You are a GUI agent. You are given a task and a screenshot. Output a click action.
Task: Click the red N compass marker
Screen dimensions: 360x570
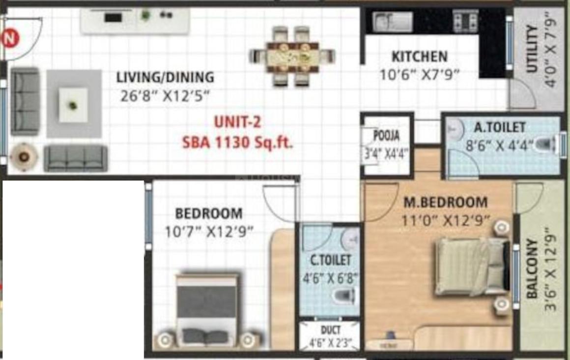pos(9,38)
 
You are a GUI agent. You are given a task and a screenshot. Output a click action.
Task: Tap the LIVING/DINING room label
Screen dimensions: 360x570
pos(165,77)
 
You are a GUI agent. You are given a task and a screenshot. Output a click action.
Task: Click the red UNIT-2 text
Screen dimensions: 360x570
pos(237,122)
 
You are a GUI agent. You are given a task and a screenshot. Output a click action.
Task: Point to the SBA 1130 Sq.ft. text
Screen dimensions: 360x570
pos(237,143)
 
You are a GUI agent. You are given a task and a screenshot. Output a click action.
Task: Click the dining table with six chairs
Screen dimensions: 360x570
pos(293,56)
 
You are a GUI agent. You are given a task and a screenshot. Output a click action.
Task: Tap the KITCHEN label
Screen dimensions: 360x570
pos(419,57)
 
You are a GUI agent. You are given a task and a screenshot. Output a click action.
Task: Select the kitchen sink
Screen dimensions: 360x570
pos(392,22)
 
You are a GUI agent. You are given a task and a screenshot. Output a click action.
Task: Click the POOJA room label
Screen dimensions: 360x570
pos(386,135)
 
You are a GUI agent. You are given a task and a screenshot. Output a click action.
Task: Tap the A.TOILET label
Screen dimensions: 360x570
pos(500,127)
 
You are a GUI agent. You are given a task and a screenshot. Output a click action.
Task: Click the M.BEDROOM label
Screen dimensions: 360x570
pos(445,202)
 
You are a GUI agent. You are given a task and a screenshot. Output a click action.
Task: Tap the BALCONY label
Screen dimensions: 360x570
pos(532,269)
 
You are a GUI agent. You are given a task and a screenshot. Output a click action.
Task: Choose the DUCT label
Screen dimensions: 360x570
pos(330,330)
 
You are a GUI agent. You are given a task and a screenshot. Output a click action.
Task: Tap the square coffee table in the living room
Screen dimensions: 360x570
pos(73,105)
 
